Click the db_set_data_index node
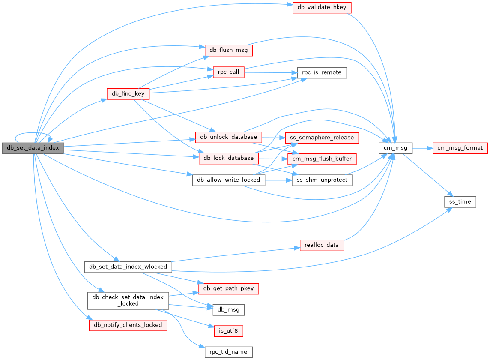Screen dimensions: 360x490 coord(33,148)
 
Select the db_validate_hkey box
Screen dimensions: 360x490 coord(322,8)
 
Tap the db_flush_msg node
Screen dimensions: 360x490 coord(228,50)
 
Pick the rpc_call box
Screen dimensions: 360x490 coord(228,72)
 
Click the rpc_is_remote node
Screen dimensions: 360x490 coord(322,72)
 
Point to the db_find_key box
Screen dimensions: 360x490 coord(128,94)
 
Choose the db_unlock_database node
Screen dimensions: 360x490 coord(228,137)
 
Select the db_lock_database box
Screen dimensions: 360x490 coord(228,158)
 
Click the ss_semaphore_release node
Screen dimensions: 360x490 coord(322,138)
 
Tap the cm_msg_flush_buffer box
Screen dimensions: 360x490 coord(322,159)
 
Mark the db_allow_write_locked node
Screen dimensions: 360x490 coord(228,180)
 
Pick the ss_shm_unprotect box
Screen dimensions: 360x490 coord(322,180)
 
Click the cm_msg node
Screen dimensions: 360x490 coord(395,148)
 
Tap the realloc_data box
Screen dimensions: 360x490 coord(322,245)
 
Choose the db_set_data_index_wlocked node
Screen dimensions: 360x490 coord(128,267)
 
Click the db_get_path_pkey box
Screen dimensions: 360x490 coord(228,288)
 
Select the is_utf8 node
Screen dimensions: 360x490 coord(228,330)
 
